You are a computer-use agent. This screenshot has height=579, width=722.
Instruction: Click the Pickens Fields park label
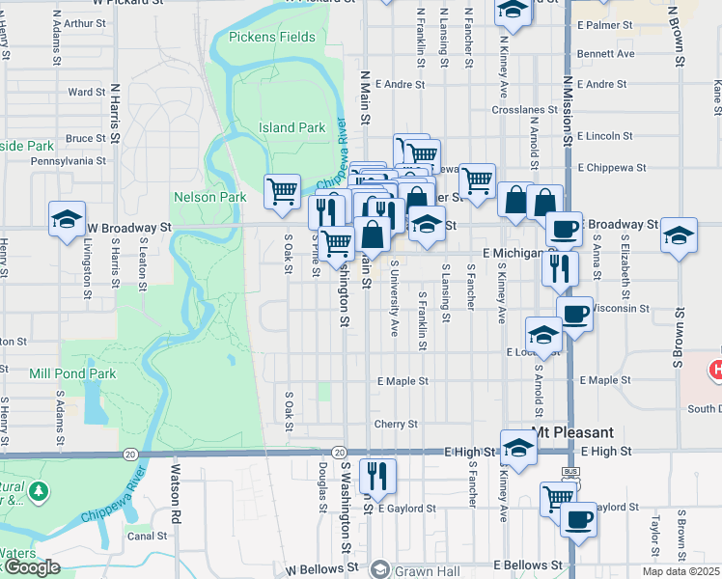[x=272, y=37]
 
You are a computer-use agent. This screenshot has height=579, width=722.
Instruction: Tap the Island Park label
[x=292, y=127]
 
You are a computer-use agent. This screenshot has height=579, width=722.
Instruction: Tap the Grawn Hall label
[x=419, y=569]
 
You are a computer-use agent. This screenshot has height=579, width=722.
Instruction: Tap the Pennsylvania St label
[x=68, y=162]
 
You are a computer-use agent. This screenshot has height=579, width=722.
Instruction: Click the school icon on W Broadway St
[x=68, y=218]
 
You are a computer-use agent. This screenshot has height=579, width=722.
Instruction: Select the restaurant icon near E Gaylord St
[x=377, y=475]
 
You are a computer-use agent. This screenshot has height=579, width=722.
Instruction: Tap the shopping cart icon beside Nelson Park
[x=282, y=190]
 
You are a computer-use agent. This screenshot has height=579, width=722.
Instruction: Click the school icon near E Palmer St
[x=514, y=11]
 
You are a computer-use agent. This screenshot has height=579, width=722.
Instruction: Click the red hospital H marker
[x=716, y=369]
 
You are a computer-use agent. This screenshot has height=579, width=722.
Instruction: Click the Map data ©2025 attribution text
[x=680, y=571]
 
